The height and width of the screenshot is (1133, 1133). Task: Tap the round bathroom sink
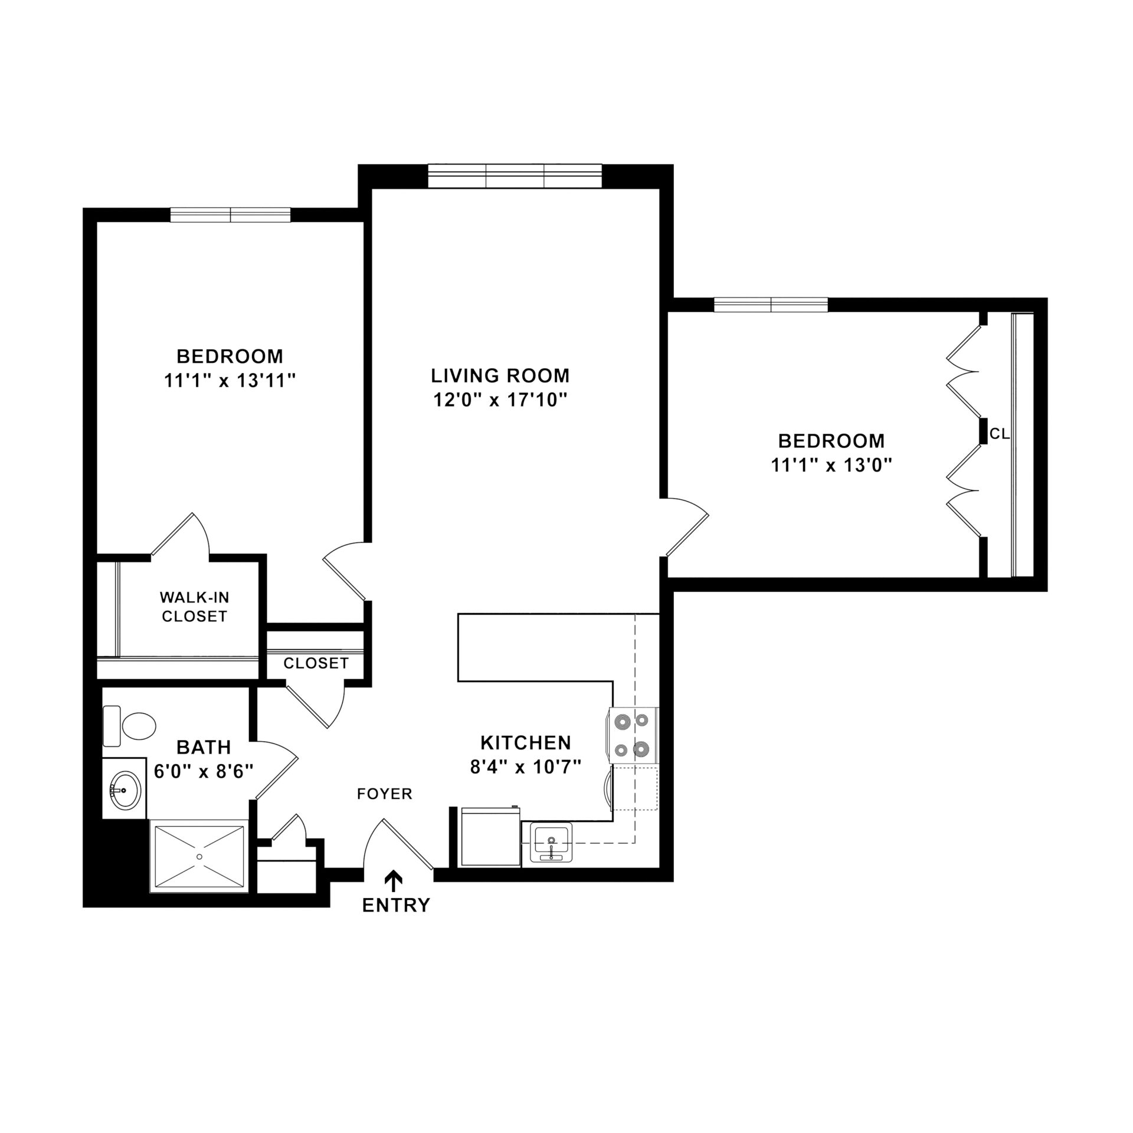coord(125,790)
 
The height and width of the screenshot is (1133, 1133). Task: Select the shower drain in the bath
coord(199,856)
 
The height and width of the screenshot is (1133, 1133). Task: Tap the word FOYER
coord(384,794)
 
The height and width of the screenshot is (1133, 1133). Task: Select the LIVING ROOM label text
coord(500,375)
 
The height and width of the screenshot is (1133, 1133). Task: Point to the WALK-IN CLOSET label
coord(195,607)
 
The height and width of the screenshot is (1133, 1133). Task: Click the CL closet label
coord(1000,434)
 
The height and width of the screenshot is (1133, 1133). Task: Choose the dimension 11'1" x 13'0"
coord(831,466)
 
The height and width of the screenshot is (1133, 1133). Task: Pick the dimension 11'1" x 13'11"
coord(230,381)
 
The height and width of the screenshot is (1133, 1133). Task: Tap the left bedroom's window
coord(231,215)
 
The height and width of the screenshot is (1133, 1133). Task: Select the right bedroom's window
coord(771,305)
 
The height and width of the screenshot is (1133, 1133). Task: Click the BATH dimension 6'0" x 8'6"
coord(204,771)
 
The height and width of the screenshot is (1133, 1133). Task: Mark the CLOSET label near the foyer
coord(316,663)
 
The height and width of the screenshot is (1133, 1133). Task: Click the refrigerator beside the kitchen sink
coord(490,837)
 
